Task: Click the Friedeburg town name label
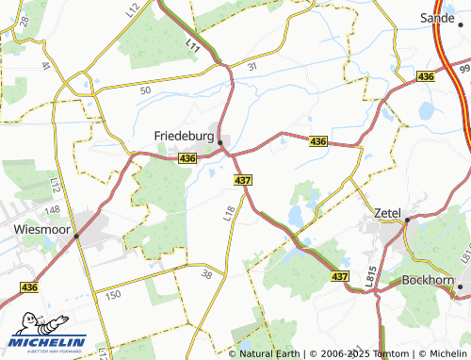tap(185, 136)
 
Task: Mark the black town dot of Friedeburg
tap(219, 143)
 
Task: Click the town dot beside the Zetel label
tap(408, 220)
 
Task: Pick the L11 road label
tap(193, 43)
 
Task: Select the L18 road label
tap(229, 214)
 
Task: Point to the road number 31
tap(252, 67)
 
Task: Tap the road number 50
tap(144, 90)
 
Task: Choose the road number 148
tap(53, 208)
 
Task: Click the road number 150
tap(113, 295)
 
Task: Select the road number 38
tap(208, 275)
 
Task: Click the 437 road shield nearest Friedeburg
tap(242, 179)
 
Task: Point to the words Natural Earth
tap(268, 353)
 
